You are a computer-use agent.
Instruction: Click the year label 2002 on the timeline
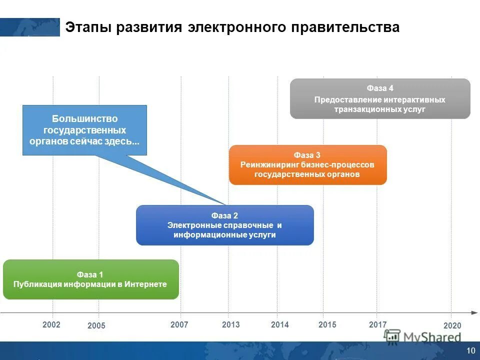pyautogui.click(x=51, y=325)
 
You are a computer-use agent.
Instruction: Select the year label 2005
pyautogui.click(x=96, y=326)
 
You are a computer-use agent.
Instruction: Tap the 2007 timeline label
pyautogui.click(x=179, y=325)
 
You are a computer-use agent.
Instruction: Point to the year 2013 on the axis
pyautogui.click(x=230, y=325)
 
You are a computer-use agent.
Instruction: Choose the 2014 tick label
pyautogui.click(x=280, y=325)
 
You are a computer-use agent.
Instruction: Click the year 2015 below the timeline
pyautogui.click(x=327, y=325)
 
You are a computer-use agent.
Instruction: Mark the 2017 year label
pyautogui.click(x=377, y=325)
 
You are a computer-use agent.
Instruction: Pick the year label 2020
pyautogui.click(x=452, y=326)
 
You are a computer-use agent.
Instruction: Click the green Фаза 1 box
pyautogui.click(x=90, y=279)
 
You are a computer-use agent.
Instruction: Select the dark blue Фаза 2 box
pyautogui.click(x=224, y=225)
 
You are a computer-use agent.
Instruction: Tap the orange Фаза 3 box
pyautogui.click(x=307, y=165)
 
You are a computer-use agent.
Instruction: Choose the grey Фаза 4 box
pyautogui.click(x=380, y=98)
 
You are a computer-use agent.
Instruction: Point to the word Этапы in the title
pyautogui.click(x=87, y=27)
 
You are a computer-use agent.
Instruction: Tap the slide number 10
pyautogui.click(x=470, y=350)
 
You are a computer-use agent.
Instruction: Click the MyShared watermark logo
pyautogui.click(x=422, y=337)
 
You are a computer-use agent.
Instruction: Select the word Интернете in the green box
pyautogui.click(x=145, y=284)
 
